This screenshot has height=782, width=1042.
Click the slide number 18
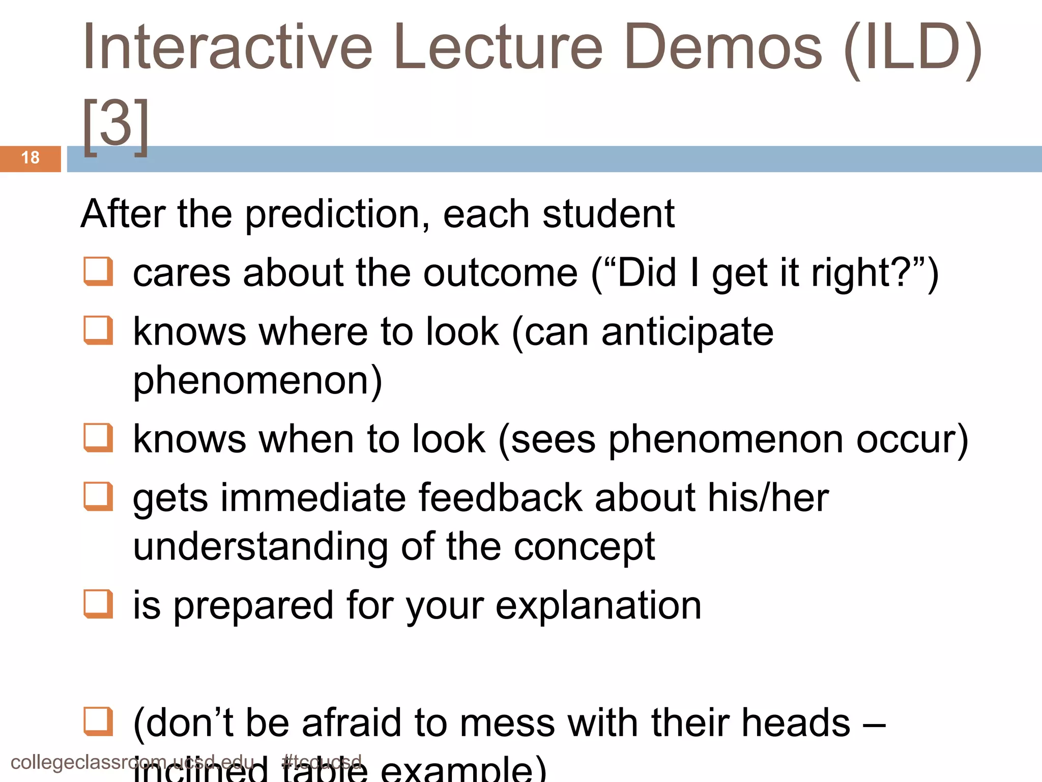point(31,158)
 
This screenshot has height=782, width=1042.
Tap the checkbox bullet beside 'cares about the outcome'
point(98,271)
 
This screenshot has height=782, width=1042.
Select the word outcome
point(501,273)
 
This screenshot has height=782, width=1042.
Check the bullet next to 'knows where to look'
point(98,330)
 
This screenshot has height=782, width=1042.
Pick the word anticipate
point(687,332)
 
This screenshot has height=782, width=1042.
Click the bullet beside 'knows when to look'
point(98,437)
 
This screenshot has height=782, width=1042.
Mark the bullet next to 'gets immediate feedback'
point(98,496)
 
